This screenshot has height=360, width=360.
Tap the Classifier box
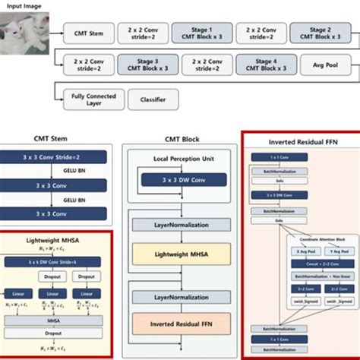[x=153, y=98]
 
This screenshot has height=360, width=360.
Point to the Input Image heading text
[x=21, y=6]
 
